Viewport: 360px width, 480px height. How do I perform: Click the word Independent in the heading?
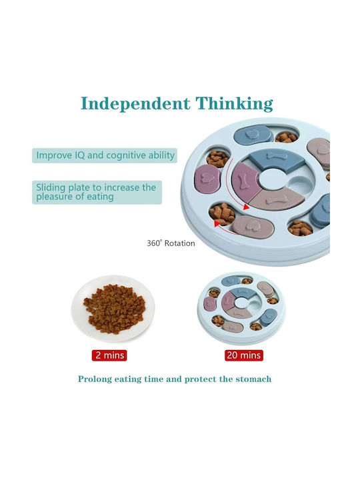tap(135, 103)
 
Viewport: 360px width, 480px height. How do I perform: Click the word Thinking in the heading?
tap(234, 103)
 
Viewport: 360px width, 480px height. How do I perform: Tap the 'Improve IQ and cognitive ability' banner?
tap(105, 155)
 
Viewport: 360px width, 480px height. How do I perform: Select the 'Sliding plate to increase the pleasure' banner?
tap(97, 192)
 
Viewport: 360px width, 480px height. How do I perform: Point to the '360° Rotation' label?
tap(171, 243)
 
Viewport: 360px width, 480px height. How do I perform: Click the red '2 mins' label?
tap(109, 355)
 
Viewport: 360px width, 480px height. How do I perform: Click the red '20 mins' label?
tap(244, 355)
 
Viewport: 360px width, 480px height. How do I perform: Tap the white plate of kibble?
tap(113, 309)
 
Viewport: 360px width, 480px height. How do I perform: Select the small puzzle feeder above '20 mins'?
tap(241, 308)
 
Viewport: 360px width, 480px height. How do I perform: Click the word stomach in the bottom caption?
tap(253, 379)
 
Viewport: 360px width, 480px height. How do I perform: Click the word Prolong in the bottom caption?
tap(95, 379)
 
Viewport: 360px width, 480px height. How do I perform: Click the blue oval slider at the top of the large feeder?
tap(253, 135)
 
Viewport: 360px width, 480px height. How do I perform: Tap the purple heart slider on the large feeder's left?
tap(207, 179)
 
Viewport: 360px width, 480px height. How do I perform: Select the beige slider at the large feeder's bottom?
tap(252, 227)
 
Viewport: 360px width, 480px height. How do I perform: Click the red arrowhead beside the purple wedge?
tap(246, 207)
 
